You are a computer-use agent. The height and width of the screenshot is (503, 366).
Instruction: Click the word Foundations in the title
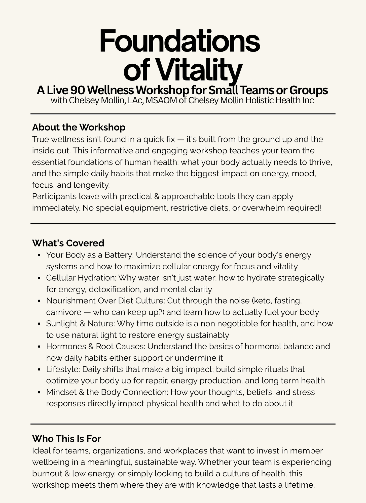tap(180, 41)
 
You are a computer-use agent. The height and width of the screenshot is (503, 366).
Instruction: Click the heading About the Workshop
tap(79, 127)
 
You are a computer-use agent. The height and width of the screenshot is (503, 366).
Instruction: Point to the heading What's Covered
tap(68, 243)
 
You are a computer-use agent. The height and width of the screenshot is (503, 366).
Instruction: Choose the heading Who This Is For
tap(66, 439)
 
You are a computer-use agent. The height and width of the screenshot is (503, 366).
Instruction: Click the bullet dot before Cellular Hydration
tap(39, 278)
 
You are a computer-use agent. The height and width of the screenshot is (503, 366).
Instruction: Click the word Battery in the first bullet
tap(118, 255)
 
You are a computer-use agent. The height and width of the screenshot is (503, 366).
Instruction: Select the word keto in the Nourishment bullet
tap(263, 301)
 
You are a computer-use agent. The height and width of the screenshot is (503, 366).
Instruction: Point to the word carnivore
tap(64, 312)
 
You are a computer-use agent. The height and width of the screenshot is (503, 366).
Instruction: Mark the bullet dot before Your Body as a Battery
tap(39, 256)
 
